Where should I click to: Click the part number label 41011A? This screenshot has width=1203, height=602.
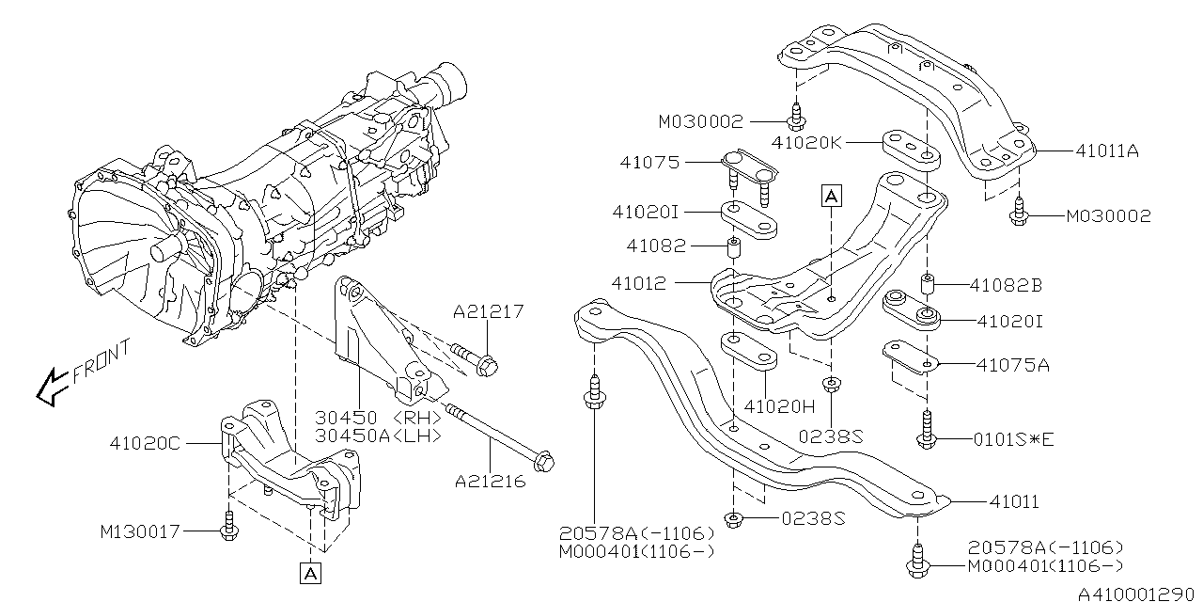(x=1107, y=151)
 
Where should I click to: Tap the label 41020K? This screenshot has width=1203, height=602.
(x=807, y=143)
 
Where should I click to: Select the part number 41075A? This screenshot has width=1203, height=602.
(x=1013, y=365)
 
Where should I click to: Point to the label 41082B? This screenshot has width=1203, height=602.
(x=1006, y=285)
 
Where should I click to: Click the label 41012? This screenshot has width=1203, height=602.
(x=639, y=283)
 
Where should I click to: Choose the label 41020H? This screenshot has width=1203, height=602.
(x=779, y=406)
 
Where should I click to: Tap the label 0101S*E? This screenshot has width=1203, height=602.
(x=1014, y=439)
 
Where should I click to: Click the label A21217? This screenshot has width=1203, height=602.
(x=488, y=311)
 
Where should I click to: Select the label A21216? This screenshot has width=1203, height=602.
(x=491, y=481)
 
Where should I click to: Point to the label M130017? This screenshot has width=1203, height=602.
(x=140, y=531)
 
